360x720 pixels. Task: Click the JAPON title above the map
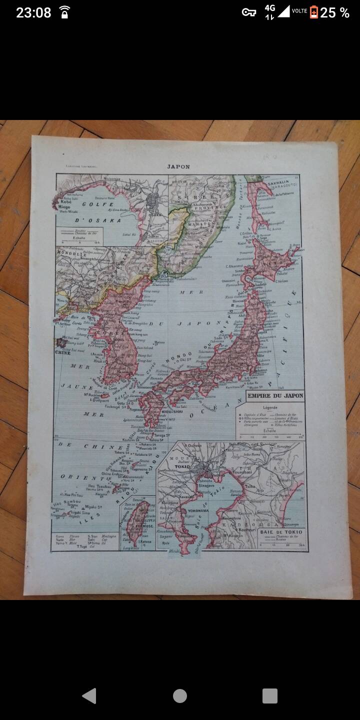[178, 166]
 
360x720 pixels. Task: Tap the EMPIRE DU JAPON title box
[274, 396]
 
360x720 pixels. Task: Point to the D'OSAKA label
[98, 220]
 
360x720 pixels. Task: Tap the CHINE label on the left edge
[63, 352]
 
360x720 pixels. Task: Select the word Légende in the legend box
[270, 407]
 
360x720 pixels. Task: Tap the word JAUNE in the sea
[77, 386]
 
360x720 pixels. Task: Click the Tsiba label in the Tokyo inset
[250, 485]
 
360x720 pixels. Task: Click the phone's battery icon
[313, 12]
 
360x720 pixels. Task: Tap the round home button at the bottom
[180, 695]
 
